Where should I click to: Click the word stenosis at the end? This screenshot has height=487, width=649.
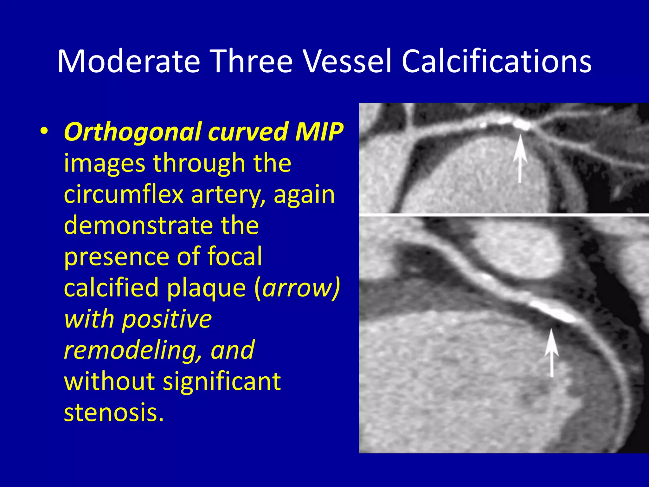tap(113, 412)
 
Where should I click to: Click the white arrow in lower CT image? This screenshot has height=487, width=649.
tap(551, 352)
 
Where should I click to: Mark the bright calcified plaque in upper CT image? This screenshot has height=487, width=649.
tap(520, 124)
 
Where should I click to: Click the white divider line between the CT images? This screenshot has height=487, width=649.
tap(504, 215)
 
